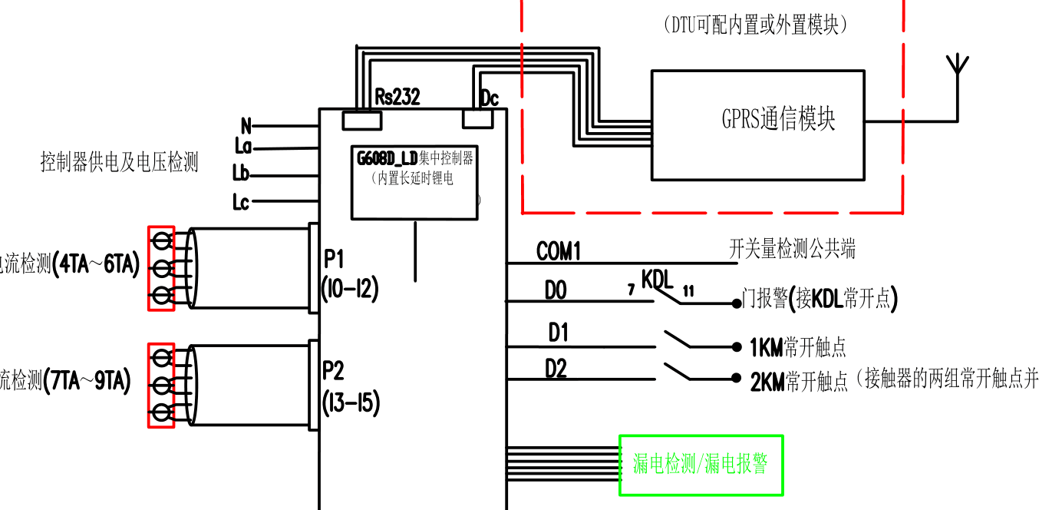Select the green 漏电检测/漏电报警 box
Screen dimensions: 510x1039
click(x=701, y=465)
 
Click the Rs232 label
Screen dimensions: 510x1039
click(x=397, y=96)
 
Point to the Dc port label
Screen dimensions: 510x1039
click(x=489, y=98)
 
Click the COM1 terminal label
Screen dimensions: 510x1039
click(x=559, y=251)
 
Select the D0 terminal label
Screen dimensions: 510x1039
click(x=556, y=290)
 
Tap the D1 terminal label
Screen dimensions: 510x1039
click(x=558, y=333)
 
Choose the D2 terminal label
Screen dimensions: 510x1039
click(x=556, y=369)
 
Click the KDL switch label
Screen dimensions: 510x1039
click(x=657, y=279)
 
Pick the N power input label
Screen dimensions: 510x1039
click(x=246, y=125)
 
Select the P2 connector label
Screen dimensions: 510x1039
click(x=333, y=371)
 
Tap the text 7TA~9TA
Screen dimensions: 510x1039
click(x=87, y=380)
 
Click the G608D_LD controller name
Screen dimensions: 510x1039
click(x=387, y=159)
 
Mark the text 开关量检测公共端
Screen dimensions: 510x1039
click(x=791, y=249)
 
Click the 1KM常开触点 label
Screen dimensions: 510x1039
click(x=797, y=347)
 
